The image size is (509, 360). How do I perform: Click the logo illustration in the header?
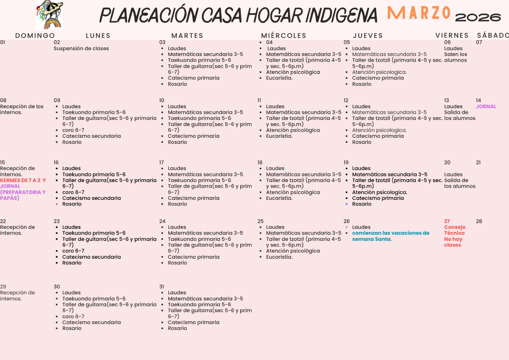50,15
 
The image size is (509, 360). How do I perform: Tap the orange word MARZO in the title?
419,13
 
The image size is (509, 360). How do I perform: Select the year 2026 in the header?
478,17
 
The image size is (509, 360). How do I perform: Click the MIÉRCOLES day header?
283,36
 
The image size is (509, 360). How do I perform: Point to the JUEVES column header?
368,36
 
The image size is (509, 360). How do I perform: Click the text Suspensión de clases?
81,48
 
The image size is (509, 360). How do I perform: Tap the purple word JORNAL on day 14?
486,107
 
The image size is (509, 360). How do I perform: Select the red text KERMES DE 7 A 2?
20,180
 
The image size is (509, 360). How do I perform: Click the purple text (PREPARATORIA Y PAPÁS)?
23,195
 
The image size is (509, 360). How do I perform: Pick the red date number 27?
447,221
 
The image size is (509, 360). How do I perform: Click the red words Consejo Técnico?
455,230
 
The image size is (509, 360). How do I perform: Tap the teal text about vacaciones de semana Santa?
390,236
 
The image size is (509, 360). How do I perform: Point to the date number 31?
162,287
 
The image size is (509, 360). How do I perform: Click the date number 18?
260,162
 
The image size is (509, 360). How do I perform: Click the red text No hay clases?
453,242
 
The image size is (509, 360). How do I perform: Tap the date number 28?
479,221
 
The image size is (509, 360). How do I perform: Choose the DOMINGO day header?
35,36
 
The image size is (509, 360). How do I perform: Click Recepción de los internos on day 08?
22,109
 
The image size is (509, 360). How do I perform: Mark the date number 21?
478,162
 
